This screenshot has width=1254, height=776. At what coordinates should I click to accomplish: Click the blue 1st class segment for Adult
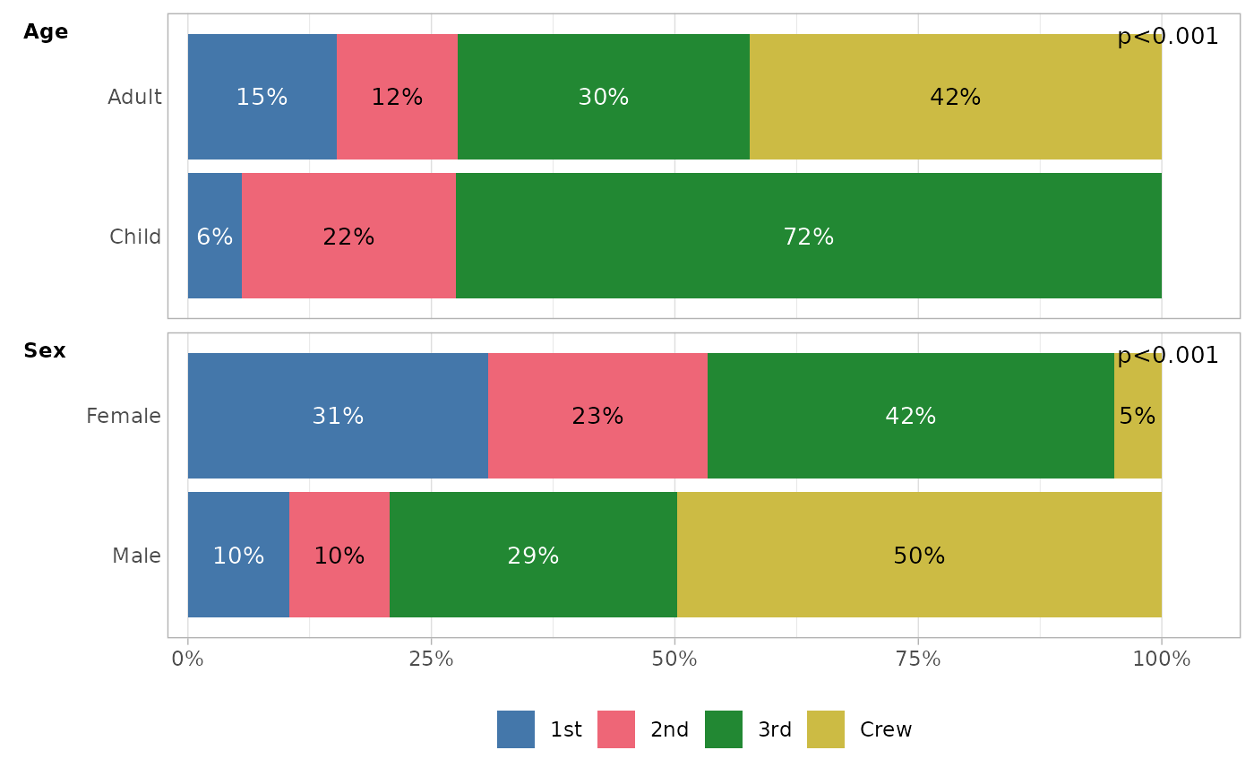tap(262, 97)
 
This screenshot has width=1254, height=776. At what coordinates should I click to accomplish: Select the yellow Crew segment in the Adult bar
tap(955, 97)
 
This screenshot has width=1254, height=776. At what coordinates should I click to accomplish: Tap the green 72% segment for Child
tap(808, 237)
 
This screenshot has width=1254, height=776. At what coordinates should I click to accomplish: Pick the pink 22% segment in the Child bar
tap(348, 237)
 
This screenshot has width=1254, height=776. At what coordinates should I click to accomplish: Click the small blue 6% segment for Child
tap(215, 237)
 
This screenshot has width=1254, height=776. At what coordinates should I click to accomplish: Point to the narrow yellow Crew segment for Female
tap(1138, 416)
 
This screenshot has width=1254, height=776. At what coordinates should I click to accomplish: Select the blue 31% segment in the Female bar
tap(338, 416)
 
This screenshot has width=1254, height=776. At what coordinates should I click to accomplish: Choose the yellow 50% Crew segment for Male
tap(919, 556)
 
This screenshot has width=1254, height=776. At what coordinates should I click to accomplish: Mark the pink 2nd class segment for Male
tap(339, 556)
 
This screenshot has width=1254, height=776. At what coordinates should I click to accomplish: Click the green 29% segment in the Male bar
tap(533, 556)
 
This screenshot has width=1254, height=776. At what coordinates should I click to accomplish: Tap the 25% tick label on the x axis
tap(431, 660)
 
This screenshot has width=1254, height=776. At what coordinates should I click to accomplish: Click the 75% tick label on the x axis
tap(918, 660)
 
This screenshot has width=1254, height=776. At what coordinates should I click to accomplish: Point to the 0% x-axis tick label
tap(187, 660)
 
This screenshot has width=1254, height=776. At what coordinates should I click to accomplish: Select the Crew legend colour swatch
tap(825, 729)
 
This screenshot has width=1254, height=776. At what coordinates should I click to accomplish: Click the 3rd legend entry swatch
tap(724, 729)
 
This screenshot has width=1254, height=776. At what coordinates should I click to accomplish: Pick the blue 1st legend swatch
tap(516, 729)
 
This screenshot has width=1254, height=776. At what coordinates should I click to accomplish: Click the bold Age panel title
tap(46, 32)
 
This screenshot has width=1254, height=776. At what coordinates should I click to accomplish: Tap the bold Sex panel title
tap(45, 351)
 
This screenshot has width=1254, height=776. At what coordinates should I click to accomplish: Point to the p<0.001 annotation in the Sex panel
tap(1167, 356)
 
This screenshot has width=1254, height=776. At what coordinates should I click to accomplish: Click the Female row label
tap(124, 416)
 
